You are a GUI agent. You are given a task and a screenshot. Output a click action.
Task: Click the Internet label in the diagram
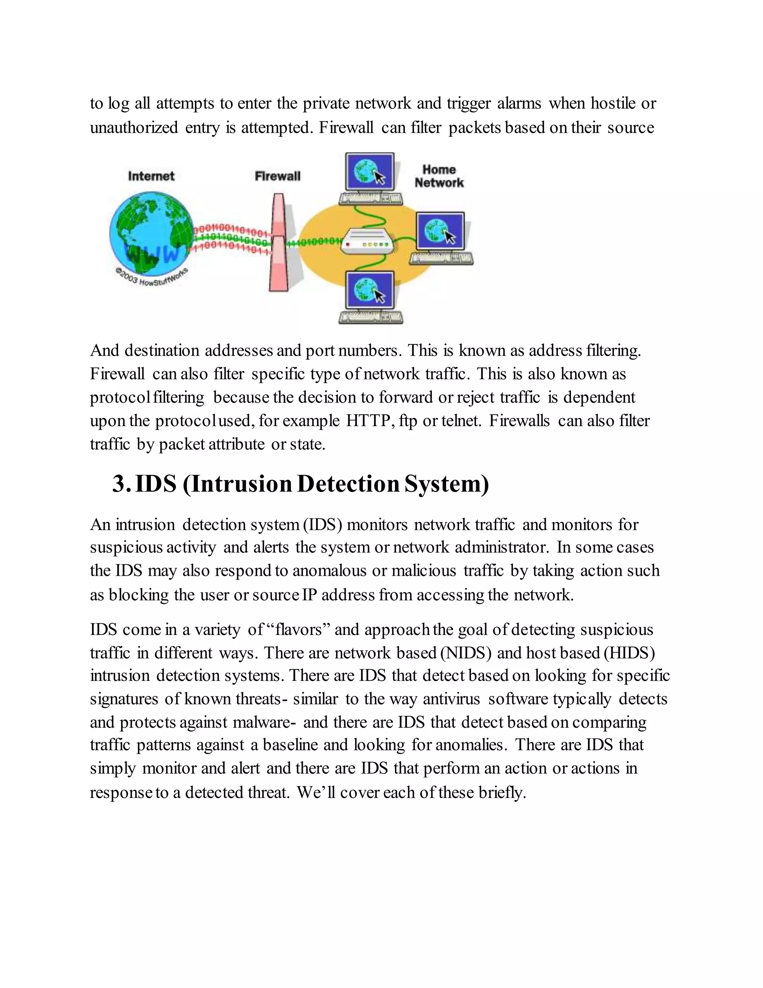click(x=151, y=176)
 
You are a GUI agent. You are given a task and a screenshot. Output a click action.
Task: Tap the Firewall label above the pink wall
click(x=277, y=176)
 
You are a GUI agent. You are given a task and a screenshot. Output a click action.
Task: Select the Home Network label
click(x=439, y=176)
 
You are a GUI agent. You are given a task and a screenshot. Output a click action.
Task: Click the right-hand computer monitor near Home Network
click(x=440, y=231)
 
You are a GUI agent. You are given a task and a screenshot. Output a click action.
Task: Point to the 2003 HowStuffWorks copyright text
click(x=151, y=276)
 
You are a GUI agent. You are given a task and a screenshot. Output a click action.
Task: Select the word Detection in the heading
click(x=348, y=484)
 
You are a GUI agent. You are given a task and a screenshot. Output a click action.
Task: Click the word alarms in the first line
click(x=519, y=104)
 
